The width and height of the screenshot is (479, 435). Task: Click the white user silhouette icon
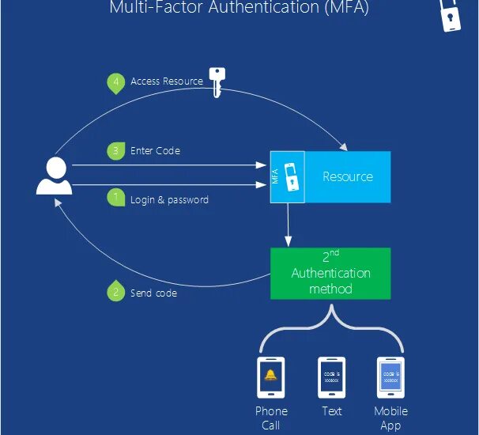click(55, 176)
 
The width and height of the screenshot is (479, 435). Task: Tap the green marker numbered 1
click(116, 198)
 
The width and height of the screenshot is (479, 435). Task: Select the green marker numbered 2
click(116, 291)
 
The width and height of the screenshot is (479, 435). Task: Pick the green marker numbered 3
click(116, 149)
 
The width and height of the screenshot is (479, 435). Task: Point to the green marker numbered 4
click(116, 81)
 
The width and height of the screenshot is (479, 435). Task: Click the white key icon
click(217, 81)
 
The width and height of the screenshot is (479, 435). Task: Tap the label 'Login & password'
click(169, 200)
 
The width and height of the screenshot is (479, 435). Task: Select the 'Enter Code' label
click(155, 150)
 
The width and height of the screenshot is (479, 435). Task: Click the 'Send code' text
click(153, 293)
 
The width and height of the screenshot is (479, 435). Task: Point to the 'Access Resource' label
click(166, 81)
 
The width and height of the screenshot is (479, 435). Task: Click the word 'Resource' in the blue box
click(347, 176)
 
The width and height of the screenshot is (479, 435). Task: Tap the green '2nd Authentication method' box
click(330, 274)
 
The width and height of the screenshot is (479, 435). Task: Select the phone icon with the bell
click(271, 377)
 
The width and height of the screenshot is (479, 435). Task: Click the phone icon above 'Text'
click(331, 377)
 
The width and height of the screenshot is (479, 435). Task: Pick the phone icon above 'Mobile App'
click(390, 377)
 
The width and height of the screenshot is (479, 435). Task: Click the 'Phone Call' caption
click(271, 418)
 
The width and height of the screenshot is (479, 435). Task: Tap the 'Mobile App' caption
click(390, 418)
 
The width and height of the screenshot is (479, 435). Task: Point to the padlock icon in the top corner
click(452, 14)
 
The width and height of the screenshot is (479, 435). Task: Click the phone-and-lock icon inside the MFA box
click(292, 177)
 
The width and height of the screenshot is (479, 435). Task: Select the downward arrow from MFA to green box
click(288, 225)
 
